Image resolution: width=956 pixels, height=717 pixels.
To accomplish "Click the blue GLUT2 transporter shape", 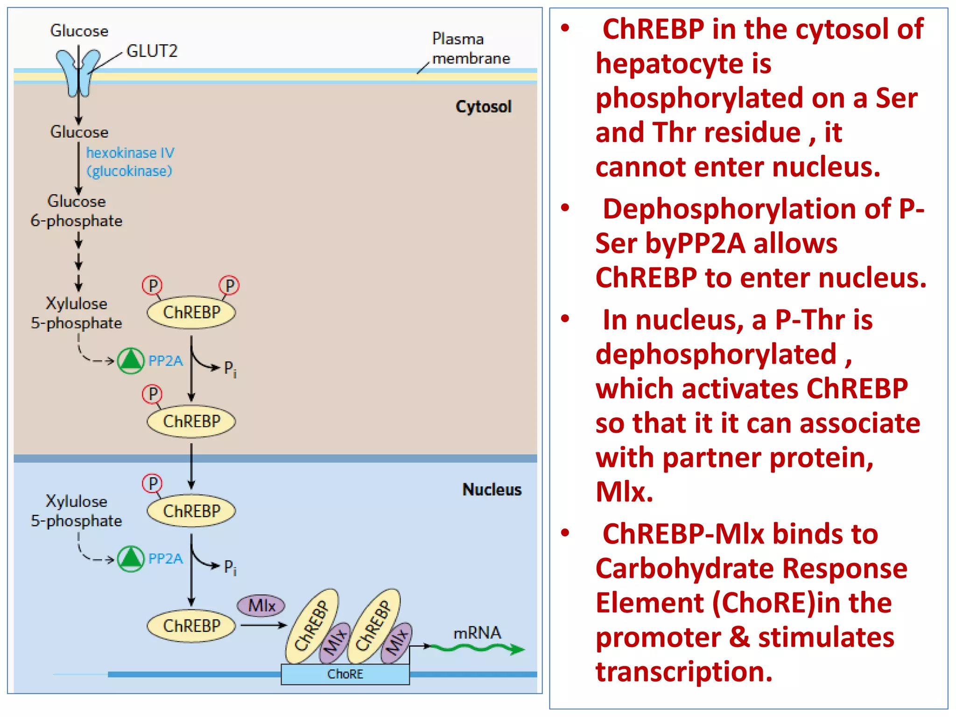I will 78,72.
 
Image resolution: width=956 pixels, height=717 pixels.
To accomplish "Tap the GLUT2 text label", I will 152,51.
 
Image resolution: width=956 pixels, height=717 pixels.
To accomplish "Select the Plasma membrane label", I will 471,49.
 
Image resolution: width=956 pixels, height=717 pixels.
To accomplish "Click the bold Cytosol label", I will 483,106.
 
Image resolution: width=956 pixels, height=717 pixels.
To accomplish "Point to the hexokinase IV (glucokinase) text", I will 130,162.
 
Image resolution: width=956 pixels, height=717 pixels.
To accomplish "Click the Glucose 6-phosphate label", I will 77,211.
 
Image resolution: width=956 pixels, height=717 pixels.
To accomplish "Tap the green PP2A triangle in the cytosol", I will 131,361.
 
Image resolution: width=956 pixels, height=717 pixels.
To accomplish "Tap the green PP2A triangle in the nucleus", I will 131,559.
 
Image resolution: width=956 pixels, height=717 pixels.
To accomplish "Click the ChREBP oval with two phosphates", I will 191,312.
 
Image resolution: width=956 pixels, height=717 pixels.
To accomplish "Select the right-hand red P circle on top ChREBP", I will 229,285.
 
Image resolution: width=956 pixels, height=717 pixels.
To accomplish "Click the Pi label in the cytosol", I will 230,369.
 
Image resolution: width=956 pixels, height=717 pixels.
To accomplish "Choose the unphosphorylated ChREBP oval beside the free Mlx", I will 191,626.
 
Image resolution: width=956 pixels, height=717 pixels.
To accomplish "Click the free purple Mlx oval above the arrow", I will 261,605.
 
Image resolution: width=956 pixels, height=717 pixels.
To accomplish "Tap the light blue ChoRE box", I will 345,674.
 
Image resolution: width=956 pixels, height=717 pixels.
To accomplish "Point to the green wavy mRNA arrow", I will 476,648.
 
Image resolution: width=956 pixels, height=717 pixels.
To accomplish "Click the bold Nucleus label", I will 492,489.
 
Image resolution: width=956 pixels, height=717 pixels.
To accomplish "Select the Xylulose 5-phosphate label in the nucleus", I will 77,511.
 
